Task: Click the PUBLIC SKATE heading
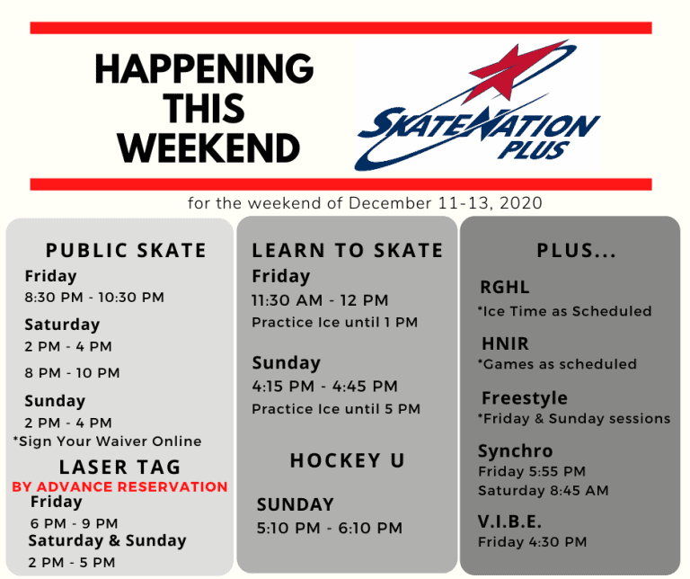126,250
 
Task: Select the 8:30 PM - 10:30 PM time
94,298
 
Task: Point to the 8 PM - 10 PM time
72,373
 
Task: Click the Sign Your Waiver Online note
107,441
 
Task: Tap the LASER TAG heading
119,467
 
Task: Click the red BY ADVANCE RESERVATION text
119,486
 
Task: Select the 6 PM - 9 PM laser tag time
75,523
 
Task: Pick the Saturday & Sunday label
107,541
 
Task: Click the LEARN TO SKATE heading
348,251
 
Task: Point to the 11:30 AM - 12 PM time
320,300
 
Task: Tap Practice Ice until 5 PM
336,409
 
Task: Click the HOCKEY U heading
347,461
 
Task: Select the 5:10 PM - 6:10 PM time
329,529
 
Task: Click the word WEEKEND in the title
208,147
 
